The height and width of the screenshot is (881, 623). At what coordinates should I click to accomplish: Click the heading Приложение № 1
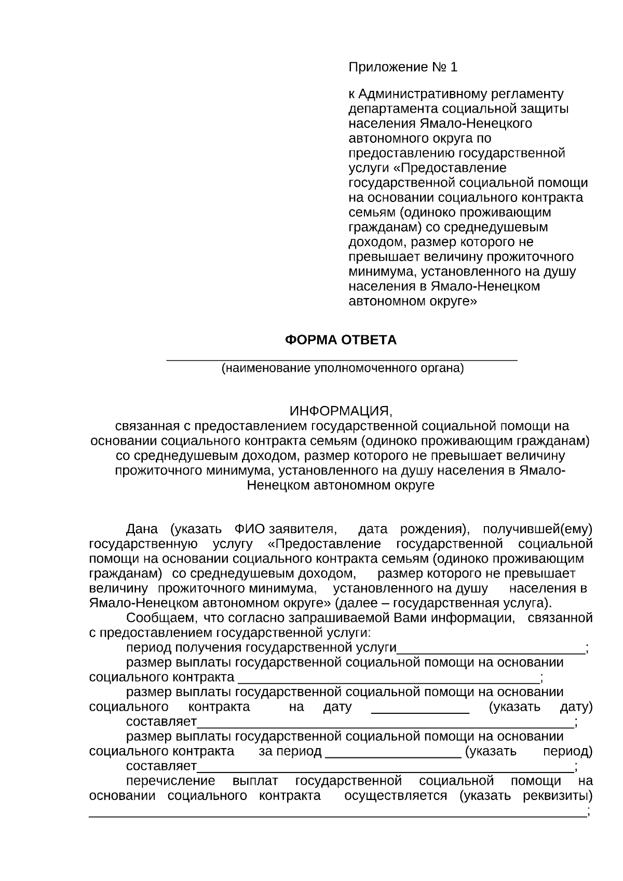403,67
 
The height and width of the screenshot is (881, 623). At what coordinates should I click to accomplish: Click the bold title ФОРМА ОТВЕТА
341,340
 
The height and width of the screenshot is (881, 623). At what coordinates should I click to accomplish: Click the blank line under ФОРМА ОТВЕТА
342,359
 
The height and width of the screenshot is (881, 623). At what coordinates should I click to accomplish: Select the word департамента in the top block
387,109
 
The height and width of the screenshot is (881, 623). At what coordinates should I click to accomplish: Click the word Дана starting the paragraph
142,530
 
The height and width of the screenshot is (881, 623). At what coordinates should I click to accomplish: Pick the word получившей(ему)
537,530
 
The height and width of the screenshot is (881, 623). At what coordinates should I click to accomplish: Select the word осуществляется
396,796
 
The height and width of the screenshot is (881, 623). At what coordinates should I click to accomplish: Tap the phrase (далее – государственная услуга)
444,603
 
